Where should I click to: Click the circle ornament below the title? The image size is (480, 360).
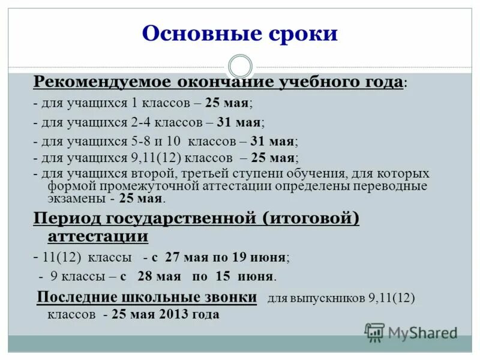click(240, 66)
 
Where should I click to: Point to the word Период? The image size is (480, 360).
click(64, 218)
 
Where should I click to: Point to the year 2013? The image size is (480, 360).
click(173, 314)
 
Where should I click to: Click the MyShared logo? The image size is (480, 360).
click(411, 332)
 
